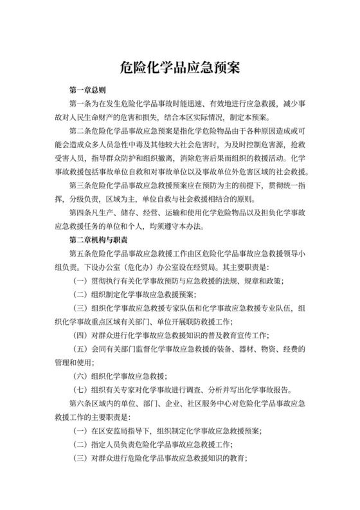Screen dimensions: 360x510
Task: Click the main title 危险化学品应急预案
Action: (180, 66)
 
